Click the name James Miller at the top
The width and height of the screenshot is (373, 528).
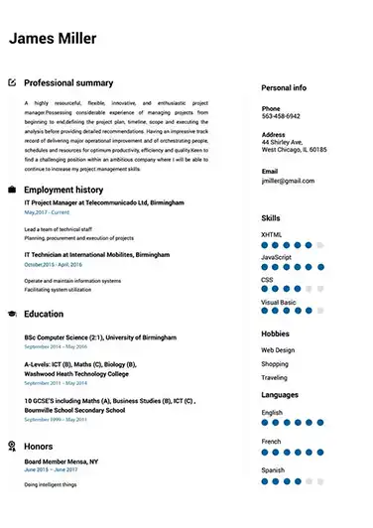53,39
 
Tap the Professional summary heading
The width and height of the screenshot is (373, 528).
68,83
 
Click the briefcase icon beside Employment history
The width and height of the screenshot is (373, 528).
12,189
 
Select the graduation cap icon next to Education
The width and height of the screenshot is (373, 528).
12,314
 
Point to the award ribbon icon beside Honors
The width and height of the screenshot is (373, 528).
12,447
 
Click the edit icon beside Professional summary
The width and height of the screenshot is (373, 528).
12,83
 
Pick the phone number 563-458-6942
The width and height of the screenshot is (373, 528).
281,116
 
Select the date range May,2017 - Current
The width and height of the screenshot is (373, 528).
47,212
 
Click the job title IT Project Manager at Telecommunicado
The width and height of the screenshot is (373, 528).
103,202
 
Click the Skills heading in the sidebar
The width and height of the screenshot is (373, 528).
271,217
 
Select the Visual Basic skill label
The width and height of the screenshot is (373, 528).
279,302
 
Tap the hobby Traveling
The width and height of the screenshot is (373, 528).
275,378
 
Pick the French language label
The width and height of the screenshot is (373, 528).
272,441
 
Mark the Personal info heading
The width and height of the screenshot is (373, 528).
284,87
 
